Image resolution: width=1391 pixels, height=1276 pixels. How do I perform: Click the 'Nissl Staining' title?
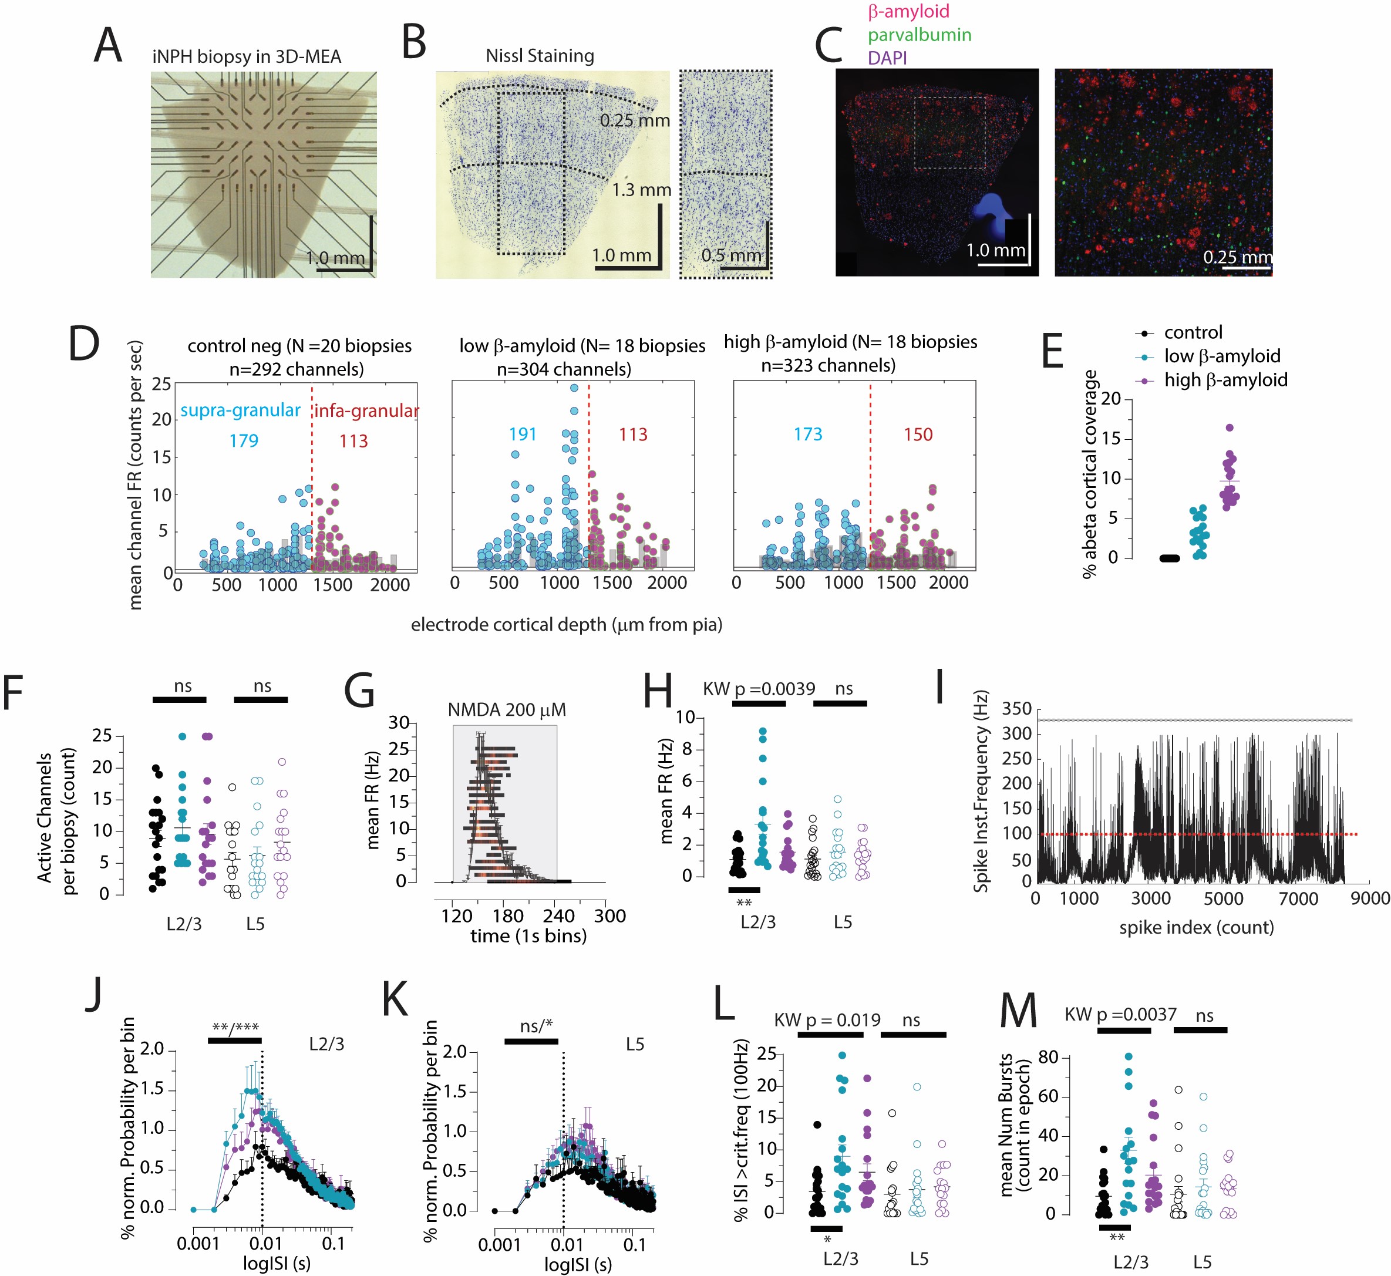point(539,55)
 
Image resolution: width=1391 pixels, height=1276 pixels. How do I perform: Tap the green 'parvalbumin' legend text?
point(919,35)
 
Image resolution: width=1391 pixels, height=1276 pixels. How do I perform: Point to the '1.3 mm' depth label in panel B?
point(641,189)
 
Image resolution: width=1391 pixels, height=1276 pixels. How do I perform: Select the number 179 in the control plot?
point(244,440)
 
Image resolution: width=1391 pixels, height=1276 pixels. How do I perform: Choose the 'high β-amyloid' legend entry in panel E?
point(1225,380)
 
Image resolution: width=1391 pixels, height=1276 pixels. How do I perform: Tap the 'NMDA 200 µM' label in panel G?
point(506,710)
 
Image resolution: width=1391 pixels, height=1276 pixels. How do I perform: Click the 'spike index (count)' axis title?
point(1195,927)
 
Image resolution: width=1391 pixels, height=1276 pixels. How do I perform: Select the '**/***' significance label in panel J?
point(235,1028)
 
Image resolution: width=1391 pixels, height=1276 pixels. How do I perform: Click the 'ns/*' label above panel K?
point(537,1026)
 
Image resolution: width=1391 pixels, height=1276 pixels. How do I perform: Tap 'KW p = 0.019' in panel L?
point(826,1020)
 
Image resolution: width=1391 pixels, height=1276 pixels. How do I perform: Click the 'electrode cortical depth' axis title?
point(566,624)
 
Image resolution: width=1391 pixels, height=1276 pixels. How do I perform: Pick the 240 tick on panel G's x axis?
point(558,915)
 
